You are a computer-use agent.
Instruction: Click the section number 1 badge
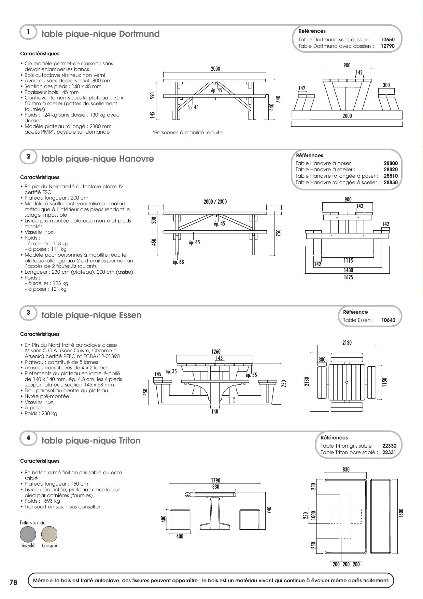pos(28,32)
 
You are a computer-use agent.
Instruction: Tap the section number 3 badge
pos(28,313)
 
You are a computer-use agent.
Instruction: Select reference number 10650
pos(387,40)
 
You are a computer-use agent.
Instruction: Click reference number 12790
pos(387,46)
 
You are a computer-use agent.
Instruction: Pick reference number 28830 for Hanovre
pos(391,182)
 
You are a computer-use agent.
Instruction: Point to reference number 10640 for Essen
pos(388,320)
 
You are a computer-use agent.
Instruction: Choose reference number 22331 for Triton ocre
pos(389,452)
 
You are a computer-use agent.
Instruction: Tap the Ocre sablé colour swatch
pos(49,534)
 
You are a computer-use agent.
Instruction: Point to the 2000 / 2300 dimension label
pos(215,202)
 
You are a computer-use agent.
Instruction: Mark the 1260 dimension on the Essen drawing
pos(216,351)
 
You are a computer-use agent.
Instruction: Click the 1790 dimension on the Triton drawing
pos(215,480)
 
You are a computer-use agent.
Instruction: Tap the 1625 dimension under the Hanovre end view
pos(348,277)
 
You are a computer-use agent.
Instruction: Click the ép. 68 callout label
pos(178,262)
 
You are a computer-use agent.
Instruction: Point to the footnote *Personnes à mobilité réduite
pos(187,133)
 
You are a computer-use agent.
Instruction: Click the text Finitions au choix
pos(32,522)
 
